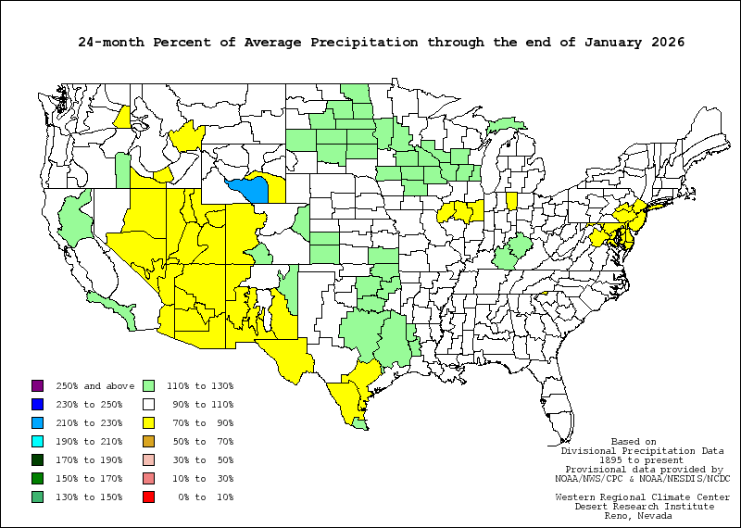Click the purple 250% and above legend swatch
coord(37,385)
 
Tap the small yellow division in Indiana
coord(511,201)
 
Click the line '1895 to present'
coord(635,459)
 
